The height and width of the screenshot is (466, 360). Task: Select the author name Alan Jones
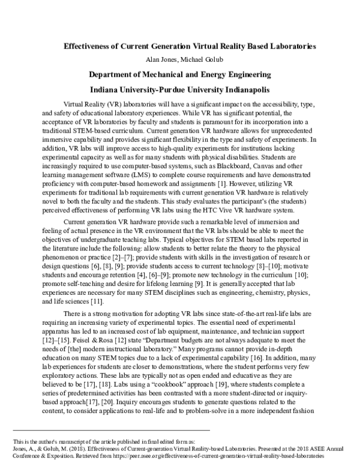159,60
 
